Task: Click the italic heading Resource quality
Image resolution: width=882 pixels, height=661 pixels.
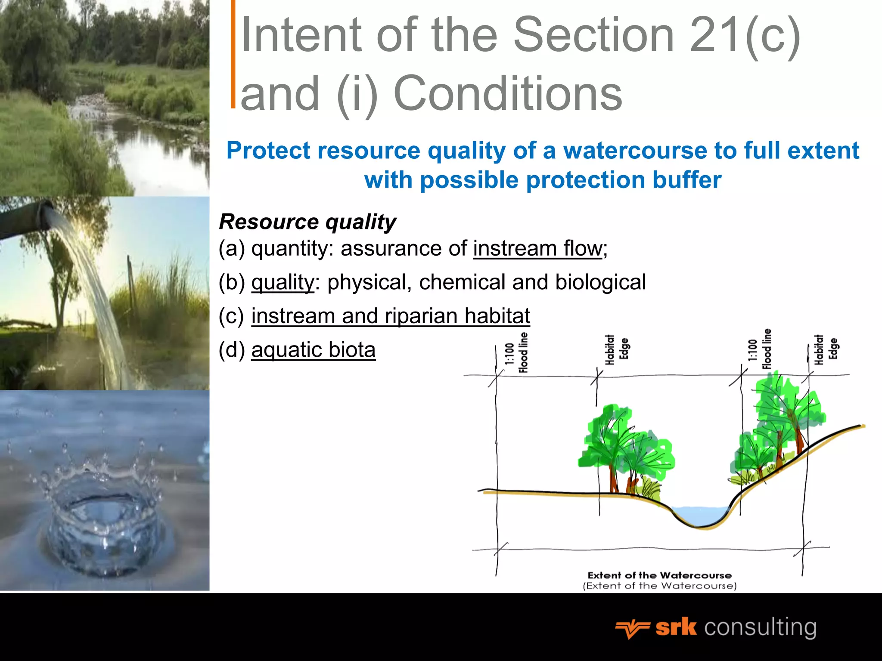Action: pos(307,222)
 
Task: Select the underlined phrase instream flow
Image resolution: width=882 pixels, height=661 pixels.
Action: pos(537,248)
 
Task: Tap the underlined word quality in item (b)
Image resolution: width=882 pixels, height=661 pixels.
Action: pos(283,283)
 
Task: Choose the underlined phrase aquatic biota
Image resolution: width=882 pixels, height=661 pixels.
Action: pos(313,349)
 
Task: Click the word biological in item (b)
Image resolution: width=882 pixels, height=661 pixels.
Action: pos(600,282)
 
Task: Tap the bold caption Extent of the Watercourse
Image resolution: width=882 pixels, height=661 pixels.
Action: pos(659,575)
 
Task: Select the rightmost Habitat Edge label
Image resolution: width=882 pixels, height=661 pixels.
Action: pos(826,349)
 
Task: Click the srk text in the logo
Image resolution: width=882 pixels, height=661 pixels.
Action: pos(676,628)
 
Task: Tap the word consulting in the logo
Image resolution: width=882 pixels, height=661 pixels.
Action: pos(760,628)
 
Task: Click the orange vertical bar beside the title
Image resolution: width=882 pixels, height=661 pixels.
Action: pos(233,54)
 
